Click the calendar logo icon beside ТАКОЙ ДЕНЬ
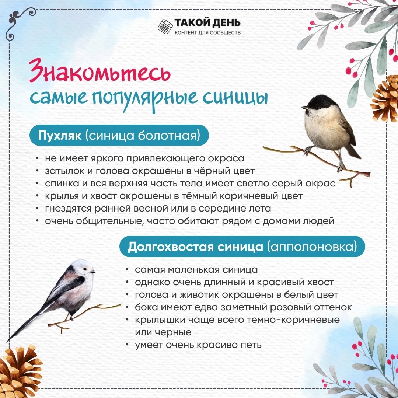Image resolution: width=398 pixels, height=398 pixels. [x=165, y=26]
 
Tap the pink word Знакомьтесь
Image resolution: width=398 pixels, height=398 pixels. [x=100, y=71]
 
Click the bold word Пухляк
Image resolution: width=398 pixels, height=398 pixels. [x=60, y=135]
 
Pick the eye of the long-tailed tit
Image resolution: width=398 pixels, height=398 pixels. [x=85, y=269]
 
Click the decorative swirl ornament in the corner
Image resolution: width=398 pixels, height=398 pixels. [x=20, y=22]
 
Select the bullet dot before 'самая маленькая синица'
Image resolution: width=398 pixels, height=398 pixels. [x=128, y=269]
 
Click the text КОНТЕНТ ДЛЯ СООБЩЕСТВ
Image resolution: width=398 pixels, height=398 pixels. [x=207, y=32]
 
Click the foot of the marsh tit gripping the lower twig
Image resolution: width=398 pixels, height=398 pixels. [x=340, y=166]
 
